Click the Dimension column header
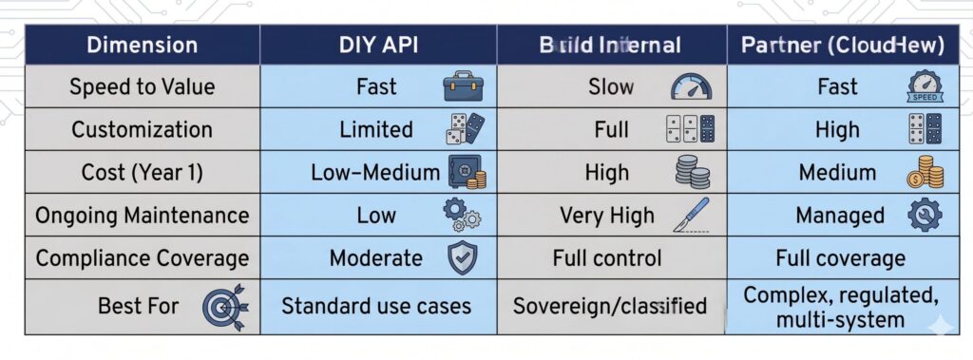pyautogui.click(x=143, y=45)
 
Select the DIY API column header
pyautogui.click(x=377, y=45)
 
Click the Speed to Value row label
pyautogui.click(x=143, y=87)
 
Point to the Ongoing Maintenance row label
pyautogui.click(x=143, y=216)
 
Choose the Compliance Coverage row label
pyautogui.click(x=143, y=258)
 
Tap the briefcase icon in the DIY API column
pyautogui.click(x=463, y=87)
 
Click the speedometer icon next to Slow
pyautogui.click(x=691, y=87)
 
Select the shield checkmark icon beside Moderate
pyautogui.click(x=463, y=258)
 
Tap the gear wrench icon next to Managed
pyautogui.click(x=925, y=216)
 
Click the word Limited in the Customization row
pyautogui.click(x=376, y=130)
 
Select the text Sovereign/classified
pyautogui.click(x=610, y=306)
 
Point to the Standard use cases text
pyautogui.click(x=376, y=306)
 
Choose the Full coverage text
pyautogui.click(x=841, y=258)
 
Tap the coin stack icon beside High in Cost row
pyautogui.click(x=693, y=173)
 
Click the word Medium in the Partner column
pyautogui.click(x=838, y=173)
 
